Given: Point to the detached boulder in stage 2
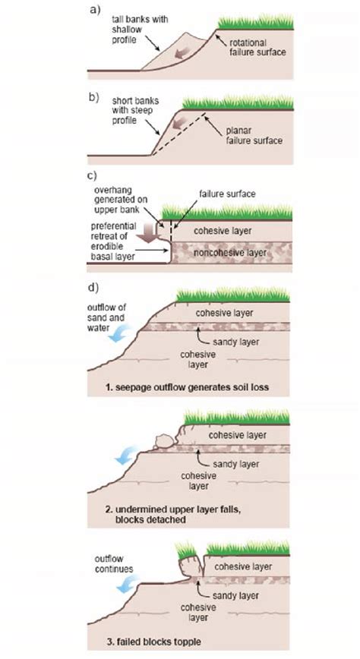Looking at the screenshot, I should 163,442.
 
